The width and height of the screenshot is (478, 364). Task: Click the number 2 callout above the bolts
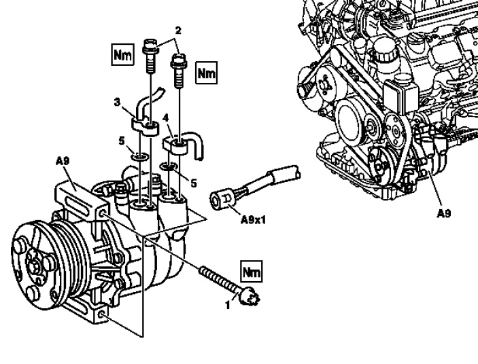pyautogui.click(x=177, y=31)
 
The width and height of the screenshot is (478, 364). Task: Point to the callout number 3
pyautogui.click(x=117, y=103)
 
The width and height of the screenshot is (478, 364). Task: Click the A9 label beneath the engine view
pyautogui.click(x=443, y=212)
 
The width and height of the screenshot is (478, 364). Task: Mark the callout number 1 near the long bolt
pyautogui.click(x=228, y=305)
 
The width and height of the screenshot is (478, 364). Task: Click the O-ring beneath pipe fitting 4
pyautogui.click(x=169, y=166)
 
